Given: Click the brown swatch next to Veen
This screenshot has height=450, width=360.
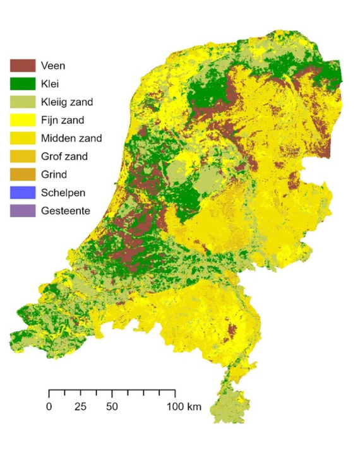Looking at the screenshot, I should pos(21,64).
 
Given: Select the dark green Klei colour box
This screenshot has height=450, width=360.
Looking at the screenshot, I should pos(21,83).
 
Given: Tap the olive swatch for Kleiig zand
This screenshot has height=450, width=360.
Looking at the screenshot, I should pos(21,101).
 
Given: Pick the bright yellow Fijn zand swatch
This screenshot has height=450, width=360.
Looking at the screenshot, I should pos(21,119).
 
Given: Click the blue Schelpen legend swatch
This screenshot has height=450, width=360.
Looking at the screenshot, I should pos(21,192).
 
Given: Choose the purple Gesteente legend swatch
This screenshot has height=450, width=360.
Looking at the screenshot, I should pos(21,211).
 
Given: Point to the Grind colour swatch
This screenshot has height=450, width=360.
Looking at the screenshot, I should pos(21,174).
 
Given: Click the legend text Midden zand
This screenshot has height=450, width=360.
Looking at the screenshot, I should pos(71,138).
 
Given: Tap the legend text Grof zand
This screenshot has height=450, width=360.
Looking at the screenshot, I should pos(64,156).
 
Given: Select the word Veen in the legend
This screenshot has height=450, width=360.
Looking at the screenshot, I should pos(52,64).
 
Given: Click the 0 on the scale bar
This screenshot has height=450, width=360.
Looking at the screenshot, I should pos(49,406).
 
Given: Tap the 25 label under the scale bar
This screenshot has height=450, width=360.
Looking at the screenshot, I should pos(80,406).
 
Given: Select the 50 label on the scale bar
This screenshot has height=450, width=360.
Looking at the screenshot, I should pos(112,406).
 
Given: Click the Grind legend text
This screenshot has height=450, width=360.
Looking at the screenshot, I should pos(53,174).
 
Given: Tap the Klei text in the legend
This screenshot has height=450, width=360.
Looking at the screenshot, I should pos(50,83).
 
